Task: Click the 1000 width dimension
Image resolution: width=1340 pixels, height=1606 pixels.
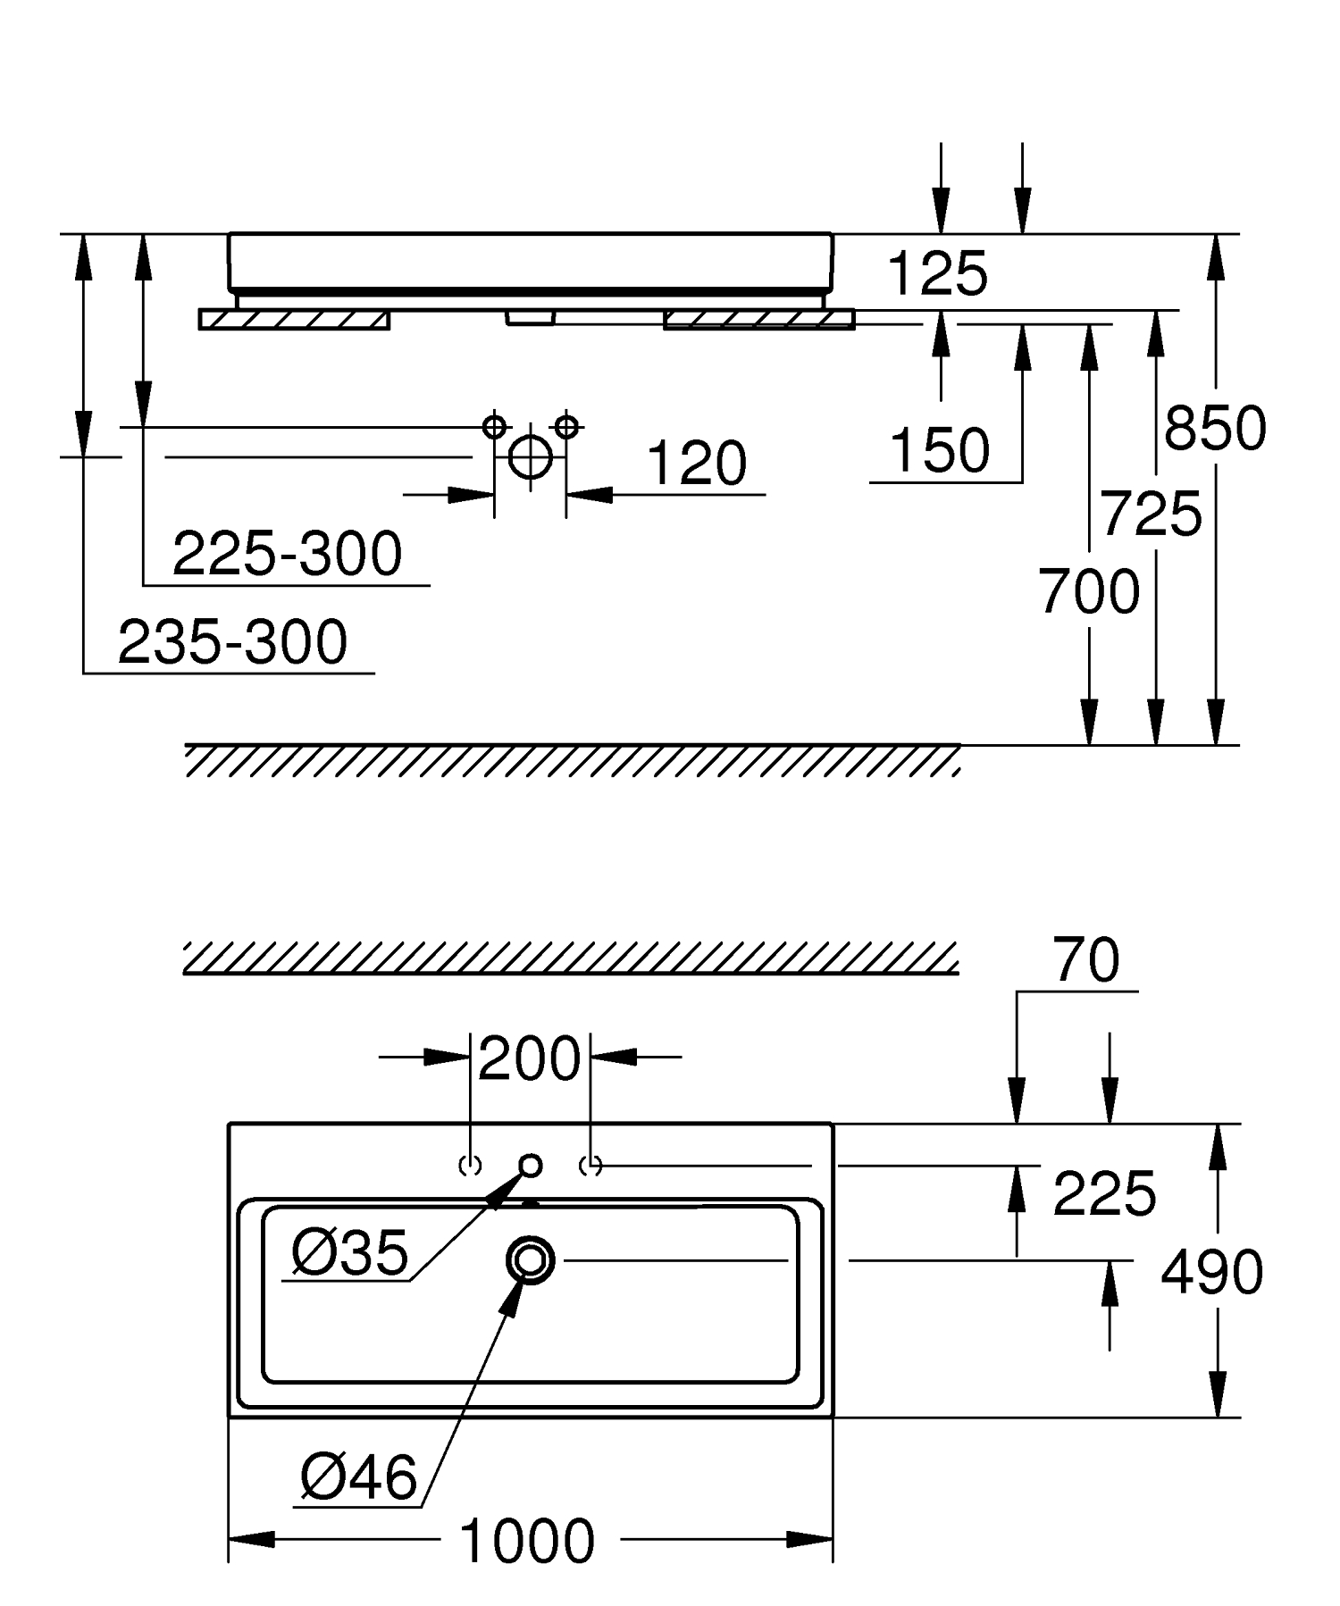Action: click(x=527, y=1540)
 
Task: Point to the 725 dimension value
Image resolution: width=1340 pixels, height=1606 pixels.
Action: click(x=1151, y=514)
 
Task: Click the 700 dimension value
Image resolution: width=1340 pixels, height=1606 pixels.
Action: click(x=1089, y=591)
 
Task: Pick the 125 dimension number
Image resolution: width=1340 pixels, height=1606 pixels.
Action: click(x=938, y=273)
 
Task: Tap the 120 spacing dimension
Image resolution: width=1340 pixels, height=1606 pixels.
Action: click(x=696, y=464)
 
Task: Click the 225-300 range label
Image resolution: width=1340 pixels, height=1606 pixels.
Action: click(x=287, y=554)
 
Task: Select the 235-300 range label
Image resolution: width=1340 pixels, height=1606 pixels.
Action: click(x=232, y=641)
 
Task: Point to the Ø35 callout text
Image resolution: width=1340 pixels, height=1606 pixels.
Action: click(x=350, y=1251)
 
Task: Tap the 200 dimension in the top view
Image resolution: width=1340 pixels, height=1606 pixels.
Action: click(x=529, y=1059)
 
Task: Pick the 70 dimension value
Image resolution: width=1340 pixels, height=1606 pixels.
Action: click(x=1085, y=960)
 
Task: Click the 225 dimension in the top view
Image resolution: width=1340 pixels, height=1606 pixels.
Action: click(x=1104, y=1193)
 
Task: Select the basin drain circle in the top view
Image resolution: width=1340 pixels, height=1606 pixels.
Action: click(x=531, y=1260)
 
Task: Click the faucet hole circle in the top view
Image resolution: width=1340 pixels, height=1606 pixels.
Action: click(x=531, y=1165)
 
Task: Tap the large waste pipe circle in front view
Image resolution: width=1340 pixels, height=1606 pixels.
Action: click(x=530, y=456)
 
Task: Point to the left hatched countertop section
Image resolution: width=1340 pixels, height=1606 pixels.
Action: click(x=294, y=320)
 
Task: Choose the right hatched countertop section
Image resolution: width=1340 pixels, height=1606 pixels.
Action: click(x=758, y=319)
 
